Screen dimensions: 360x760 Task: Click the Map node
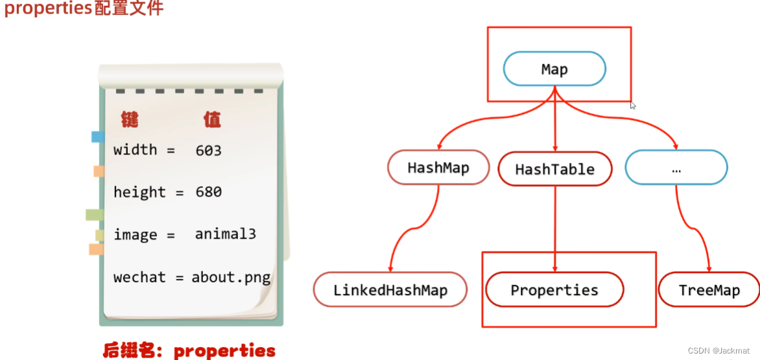click(x=554, y=69)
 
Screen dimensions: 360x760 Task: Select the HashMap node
click(x=438, y=168)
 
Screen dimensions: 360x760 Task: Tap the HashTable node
click(x=554, y=169)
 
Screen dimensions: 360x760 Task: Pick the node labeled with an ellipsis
click(x=676, y=168)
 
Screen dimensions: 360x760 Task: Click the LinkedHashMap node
click(x=390, y=290)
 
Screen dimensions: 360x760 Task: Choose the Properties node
click(x=554, y=289)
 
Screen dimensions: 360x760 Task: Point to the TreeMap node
click(x=709, y=290)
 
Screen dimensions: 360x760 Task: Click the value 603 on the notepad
click(x=208, y=150)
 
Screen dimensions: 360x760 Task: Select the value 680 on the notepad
click(x=208, y=192)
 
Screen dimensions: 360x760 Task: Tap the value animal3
click(x=225, y=234)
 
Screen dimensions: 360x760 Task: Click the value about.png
click(x=231, y=277)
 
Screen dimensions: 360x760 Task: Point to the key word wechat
click(x=139, y=277)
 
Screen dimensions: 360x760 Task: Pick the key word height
click(x=139, y=192)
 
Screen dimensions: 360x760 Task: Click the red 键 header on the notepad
click(x=130, y=120)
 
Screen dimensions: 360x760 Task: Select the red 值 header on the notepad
click(x=211, y=120)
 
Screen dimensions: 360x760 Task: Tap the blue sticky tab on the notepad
click(x=98, y=136)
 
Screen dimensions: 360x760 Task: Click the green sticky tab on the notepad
click(x=95, y=215)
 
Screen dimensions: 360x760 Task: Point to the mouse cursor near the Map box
click(x=634, y=105)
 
